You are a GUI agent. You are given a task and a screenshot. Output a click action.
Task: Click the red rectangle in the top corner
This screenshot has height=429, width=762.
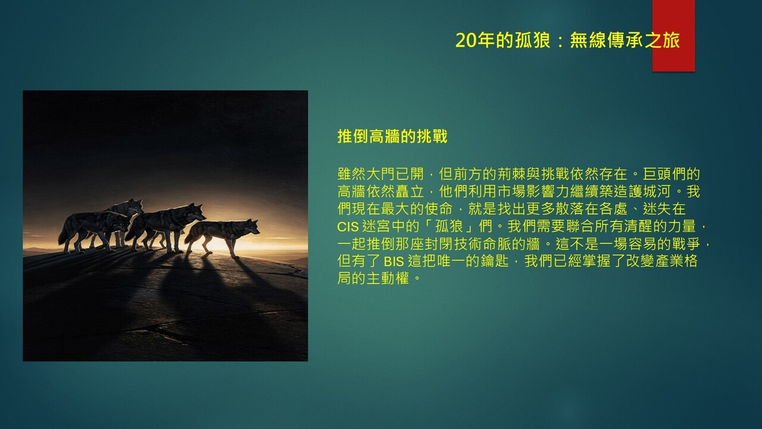(673, 36)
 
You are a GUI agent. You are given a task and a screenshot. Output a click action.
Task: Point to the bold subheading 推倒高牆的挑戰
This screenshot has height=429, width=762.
(392, 136)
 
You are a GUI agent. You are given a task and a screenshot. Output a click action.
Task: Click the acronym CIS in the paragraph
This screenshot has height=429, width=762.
(348, 227)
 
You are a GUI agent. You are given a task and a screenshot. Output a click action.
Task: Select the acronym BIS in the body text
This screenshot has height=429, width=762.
(394, 262)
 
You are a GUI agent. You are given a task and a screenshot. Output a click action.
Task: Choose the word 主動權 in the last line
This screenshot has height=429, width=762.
(388, 278)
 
